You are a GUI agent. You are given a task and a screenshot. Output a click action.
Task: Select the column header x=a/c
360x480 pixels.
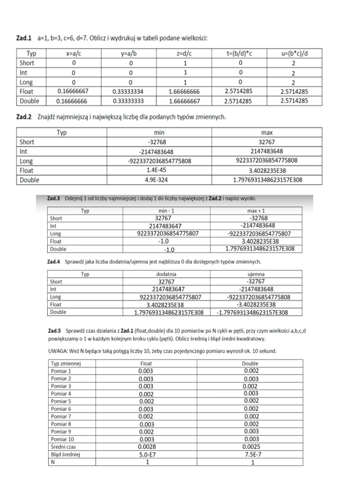coord(74,54)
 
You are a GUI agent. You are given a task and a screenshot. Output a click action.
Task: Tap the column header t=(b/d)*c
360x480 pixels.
coord(240,54)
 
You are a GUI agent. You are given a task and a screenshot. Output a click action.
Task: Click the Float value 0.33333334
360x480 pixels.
coord(128,92)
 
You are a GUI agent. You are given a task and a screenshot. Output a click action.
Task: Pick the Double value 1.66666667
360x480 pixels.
coord(184,101)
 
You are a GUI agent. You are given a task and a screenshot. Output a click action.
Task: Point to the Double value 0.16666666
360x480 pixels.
coord(73,101)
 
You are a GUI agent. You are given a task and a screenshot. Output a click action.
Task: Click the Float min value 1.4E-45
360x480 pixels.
coord(160,171)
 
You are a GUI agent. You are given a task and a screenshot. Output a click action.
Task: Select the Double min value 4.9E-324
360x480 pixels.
coord(160,180)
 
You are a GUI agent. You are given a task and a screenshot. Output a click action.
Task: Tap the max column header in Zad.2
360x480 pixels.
coord(267,133)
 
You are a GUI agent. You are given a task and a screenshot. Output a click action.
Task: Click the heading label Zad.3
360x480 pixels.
coord(54,198)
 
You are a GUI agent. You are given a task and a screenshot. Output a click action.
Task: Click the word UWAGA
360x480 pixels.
coord(58,351)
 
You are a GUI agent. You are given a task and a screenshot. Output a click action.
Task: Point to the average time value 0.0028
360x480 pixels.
coord(146,447)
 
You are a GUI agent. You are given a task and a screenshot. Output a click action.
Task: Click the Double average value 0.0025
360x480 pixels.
coord(251,447)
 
